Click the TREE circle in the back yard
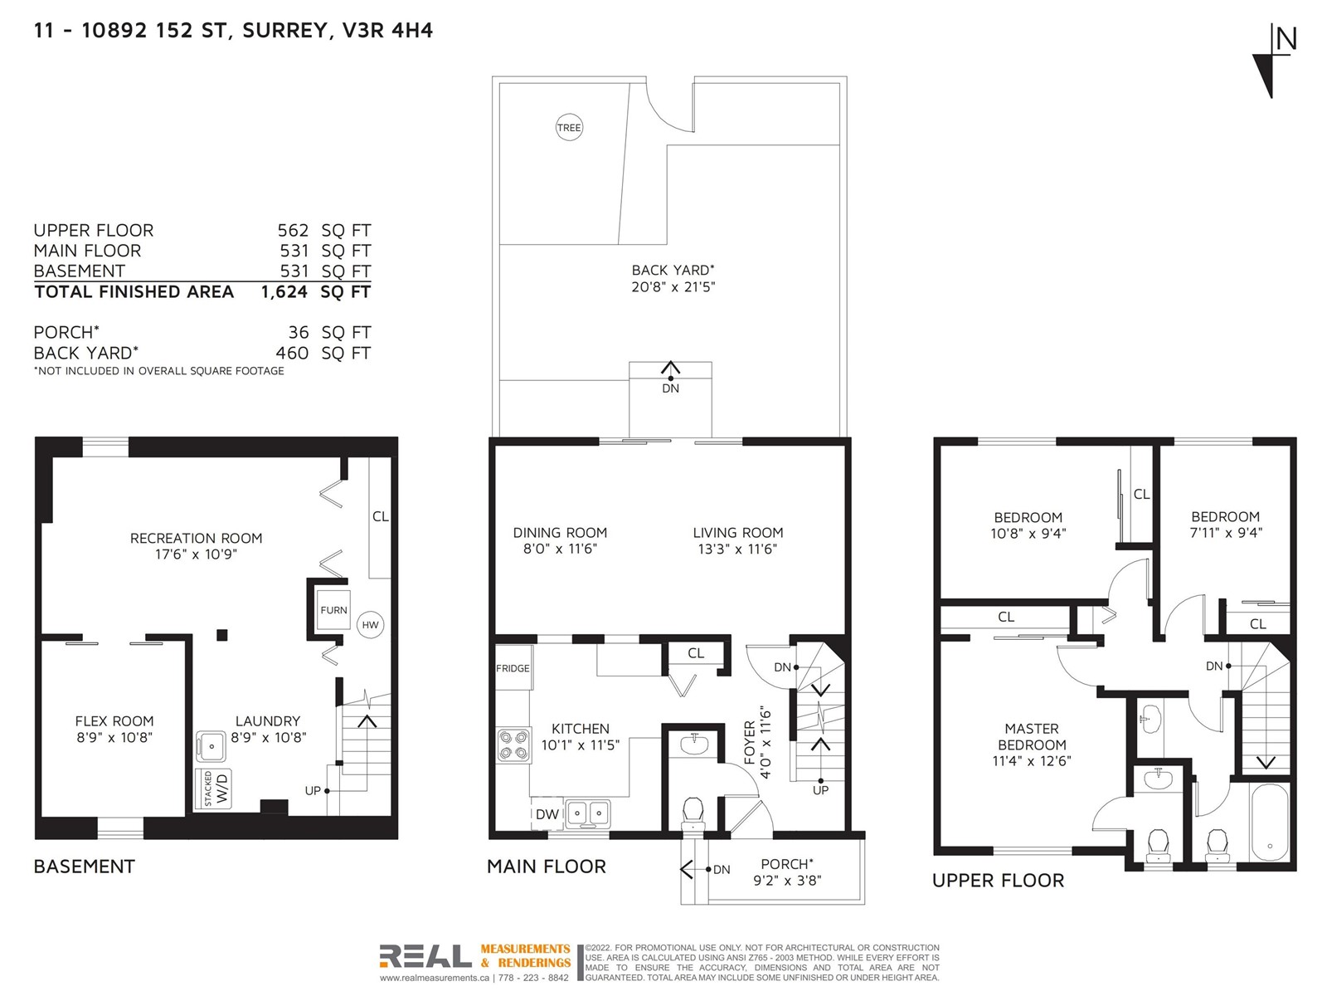click(x=568, y=128)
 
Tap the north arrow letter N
click(x=1286, y=40)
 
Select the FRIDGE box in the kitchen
click(x=513, y=667)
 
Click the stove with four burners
click(x=513, y=745)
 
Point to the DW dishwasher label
click(x=547, y=814)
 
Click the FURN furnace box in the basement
click(x=333, y=610)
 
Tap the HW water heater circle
click(x=370, y=625)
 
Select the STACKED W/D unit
click(x=213, y=789)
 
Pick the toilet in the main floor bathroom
click(x=693, y=813)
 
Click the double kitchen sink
click(x=587, y=813)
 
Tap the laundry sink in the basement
click(x=211, y=746)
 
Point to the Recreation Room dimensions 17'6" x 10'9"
click(x=196, y=554)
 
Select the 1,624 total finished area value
click(x=284, y=292)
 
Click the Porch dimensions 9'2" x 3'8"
click(x=786, y=881)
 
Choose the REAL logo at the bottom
click(x=425, y=956)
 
